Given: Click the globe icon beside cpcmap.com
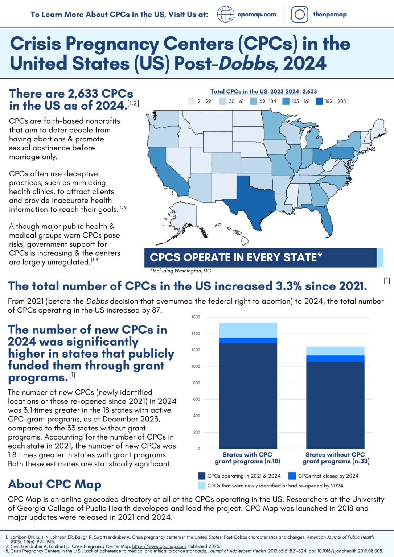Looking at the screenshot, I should [226, 15].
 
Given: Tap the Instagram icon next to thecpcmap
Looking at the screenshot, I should [300, 15].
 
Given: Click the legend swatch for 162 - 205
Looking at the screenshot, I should [319, 101].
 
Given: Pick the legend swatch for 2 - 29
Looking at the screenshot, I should [191, 101].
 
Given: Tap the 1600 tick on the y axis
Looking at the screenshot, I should [196, 317].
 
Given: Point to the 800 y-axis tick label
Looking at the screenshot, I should [196, 383].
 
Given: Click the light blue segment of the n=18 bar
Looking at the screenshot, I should [248, 330].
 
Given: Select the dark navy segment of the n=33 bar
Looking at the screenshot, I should [335, 404].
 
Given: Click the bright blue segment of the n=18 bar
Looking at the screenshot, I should [248, 340].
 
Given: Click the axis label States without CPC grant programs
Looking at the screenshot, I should [336, 458].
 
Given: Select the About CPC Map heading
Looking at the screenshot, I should [55, 484].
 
